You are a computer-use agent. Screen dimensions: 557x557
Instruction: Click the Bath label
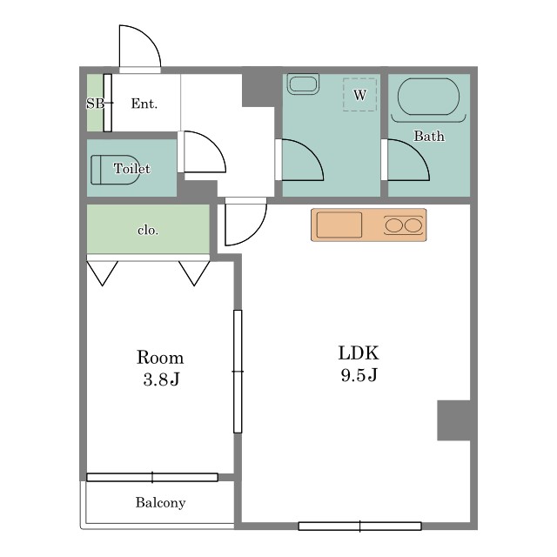point(429,136)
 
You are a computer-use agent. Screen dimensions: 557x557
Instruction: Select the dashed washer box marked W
point(359,95)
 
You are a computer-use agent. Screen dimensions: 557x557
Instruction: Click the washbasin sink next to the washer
point(303,84)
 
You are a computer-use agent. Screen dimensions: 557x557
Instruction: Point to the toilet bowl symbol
point(114,170)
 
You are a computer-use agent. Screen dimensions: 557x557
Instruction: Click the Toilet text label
point(131,168)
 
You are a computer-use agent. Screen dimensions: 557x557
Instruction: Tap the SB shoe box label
point(95,104)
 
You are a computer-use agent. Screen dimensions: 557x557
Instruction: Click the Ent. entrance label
point(144,104)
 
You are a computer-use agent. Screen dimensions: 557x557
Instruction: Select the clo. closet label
point(148,231)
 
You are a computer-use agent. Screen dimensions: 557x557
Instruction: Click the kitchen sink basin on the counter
point(339,225)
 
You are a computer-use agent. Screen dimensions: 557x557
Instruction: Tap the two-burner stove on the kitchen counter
point(404,225)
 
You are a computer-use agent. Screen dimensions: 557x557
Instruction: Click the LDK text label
point(359,353)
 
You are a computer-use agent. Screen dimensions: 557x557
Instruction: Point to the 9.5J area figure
point(359,375)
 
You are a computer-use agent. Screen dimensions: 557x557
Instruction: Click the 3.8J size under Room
point(162,379)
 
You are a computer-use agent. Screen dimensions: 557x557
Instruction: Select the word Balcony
point(160,503)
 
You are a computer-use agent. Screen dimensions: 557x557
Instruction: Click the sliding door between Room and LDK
point(238,372)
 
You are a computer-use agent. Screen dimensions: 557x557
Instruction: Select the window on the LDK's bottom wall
point(359,526)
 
